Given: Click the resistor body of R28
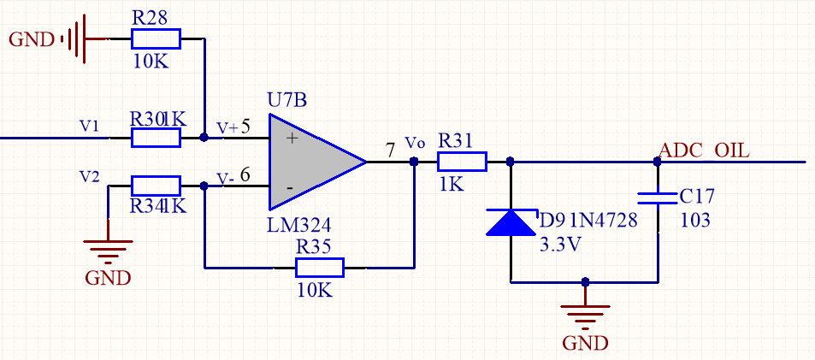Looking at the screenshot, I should click(x=156, y=38).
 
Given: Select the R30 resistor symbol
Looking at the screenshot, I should click(x=156, y=137).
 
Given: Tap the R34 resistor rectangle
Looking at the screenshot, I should click(x=156, y=186).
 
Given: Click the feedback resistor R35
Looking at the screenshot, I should click(x=320, y=268).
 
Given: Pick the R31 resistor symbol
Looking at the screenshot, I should click(x=462, y=162).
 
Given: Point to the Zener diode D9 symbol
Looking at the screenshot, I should click(x=511, y=222).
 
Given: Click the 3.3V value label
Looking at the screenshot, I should click(x=559, y=244).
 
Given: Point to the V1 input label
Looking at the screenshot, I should click(x=89, y=126).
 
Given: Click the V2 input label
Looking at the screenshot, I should click(x=89, y=176).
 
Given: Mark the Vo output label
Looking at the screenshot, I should click(x=414, y=141).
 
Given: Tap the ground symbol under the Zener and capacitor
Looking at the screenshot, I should click(x=585, y=321).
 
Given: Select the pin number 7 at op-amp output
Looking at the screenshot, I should click(x=391, y=150).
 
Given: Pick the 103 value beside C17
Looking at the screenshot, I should click(x=695, y=220).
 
